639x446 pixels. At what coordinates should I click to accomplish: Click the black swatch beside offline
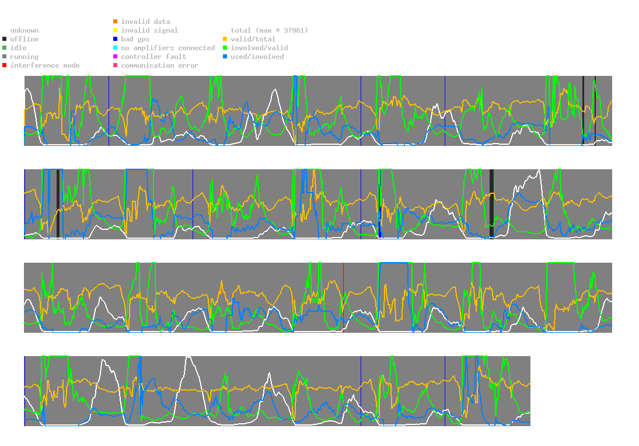5,39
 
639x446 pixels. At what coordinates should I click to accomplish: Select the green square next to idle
5,48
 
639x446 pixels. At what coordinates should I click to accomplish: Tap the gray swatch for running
5,57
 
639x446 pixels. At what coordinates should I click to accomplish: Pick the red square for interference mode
5,65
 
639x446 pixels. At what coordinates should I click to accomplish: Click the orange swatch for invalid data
116,21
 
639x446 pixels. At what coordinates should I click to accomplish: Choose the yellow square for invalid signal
116,30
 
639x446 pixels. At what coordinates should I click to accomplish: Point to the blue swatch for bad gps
116,39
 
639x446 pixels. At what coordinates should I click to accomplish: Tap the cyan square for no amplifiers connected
116,48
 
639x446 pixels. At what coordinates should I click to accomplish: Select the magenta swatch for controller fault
116,57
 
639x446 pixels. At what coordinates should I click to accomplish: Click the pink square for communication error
116,65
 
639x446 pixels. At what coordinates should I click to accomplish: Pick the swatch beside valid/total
225,39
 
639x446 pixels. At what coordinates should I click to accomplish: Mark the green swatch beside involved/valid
225,48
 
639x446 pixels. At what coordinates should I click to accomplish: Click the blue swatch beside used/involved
225,57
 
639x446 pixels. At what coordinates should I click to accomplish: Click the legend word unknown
25,30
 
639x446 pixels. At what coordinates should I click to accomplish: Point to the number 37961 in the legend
294,30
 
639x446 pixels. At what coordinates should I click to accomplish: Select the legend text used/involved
257,57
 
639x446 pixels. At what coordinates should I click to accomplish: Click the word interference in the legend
34,65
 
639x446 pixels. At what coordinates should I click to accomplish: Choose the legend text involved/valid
259,48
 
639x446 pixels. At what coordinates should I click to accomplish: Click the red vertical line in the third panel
343,298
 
